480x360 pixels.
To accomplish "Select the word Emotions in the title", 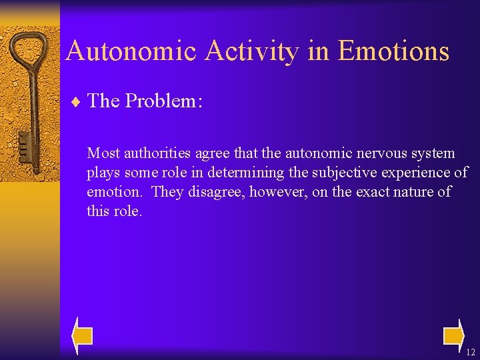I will [393, 51].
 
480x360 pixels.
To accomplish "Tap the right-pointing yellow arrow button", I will [454, 335].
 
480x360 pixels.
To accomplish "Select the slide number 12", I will [471, 352].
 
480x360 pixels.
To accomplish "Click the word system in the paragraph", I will [434, 153].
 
